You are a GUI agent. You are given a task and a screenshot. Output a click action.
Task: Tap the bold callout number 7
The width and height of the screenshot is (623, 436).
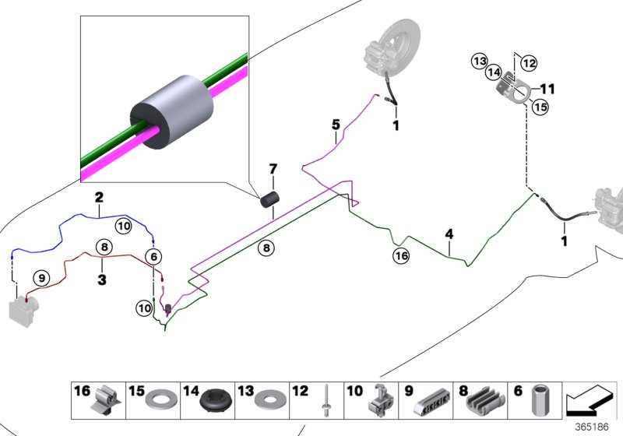[x=273, y=169]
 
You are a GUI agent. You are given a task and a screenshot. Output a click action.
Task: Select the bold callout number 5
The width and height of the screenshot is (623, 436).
[x=336, y=124]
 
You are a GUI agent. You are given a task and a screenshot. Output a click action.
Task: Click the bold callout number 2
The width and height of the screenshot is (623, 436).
[x=99, y=198]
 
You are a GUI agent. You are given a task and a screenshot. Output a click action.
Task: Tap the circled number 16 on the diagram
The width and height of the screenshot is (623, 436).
[x=401, y=255]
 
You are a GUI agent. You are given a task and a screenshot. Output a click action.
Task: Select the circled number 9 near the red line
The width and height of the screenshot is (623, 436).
[x=40, y=276]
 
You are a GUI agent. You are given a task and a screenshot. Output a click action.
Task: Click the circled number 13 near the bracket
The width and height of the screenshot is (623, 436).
[x=479, y=61]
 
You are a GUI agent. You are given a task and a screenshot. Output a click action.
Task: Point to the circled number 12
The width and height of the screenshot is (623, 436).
[x=530, y=62]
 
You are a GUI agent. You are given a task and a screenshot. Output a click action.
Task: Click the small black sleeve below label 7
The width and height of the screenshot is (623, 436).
[x=269, y=202]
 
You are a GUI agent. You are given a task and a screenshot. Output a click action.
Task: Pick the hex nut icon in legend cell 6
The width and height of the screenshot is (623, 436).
[x=539, y=402]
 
